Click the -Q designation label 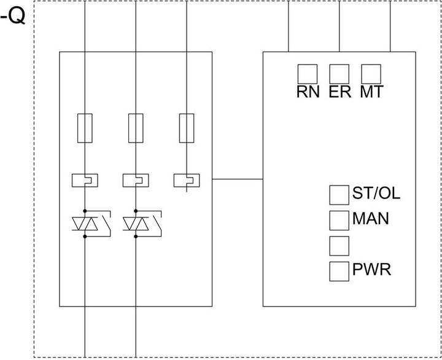tap(13, 17)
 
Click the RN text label tap(308, 92)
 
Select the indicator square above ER tap(339, 74)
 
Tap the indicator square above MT tap(371, 74)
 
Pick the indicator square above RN tap(308, 74)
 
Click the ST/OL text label tap(376, 194)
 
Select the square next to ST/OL tap(339, 194)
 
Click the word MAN tap(370, 218)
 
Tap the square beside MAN tap(339, 220)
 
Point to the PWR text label tap(371, 269)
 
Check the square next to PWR tap(339, 270)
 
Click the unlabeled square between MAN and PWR tap(339, 245)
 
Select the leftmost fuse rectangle tap(85, 128)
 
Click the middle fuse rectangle tap(136, 128)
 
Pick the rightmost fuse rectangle tap(187, 128)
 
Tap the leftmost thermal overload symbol tap(85, 180)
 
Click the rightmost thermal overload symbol tap(187, 180)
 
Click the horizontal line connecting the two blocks tap(238, 179)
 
